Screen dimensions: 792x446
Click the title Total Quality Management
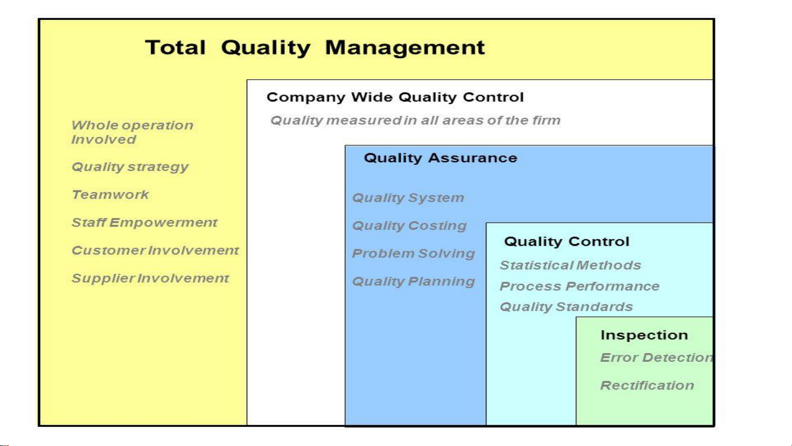315,48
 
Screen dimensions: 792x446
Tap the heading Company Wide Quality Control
395,97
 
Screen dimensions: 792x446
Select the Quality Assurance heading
441,158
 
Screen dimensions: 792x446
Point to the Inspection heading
644,335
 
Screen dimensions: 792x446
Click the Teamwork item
110,195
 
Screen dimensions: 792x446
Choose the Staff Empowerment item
144,223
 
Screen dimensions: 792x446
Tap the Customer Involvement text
155,250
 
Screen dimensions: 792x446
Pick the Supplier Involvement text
150,278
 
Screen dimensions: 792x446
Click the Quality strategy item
130,167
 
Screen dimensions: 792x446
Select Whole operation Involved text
132,133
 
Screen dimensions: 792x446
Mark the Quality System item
408,198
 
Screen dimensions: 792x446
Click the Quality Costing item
410,225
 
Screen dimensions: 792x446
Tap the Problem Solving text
414,254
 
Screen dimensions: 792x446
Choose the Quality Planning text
414,282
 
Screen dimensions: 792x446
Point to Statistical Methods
571,265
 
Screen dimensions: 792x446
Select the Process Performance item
580,286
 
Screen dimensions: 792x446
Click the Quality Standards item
567,307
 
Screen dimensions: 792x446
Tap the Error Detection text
657,357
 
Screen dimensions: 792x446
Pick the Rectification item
647,386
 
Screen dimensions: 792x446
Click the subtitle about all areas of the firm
416,120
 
